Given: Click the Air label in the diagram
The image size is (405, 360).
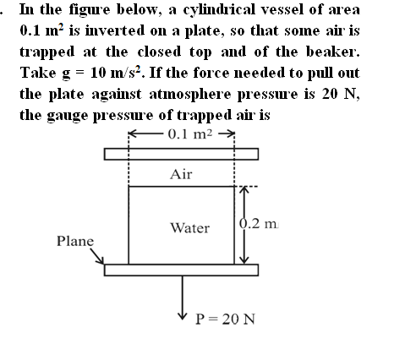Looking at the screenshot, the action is tap(181, 174).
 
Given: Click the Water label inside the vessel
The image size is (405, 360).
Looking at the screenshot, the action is tap(190, 228).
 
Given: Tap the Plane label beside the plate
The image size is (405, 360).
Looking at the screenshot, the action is tap(75, 241).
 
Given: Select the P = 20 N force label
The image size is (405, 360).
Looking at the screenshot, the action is tap(225, 319).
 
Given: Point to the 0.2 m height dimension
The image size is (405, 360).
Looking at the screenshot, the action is tap(259, 224).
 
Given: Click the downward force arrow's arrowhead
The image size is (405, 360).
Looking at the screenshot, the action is tap(183, 316).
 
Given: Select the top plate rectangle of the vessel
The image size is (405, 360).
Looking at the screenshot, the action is tap(181, 154).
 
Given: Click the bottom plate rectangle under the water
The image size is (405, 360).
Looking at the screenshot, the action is tap(181, 270).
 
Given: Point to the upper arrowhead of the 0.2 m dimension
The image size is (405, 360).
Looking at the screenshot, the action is tap(244, 189).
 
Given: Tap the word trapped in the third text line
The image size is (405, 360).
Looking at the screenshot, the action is tap(47, 52).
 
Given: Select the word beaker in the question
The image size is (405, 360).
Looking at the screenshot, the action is tap(333, 52).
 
